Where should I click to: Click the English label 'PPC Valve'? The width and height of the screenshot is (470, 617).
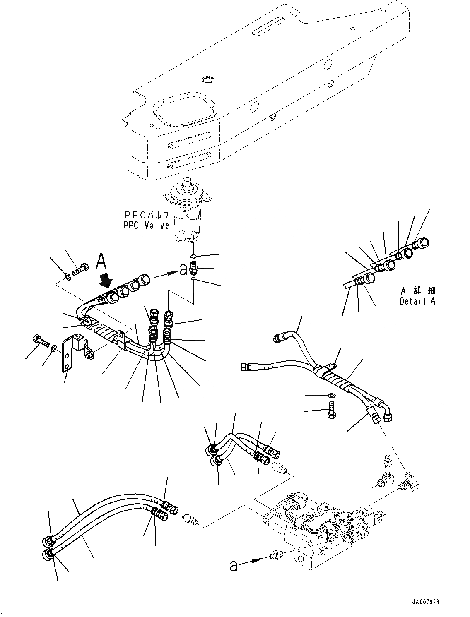click(147, 225)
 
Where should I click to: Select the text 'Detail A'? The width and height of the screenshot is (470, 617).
click(417, 301)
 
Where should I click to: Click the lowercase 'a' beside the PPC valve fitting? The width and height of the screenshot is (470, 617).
click(184, 270)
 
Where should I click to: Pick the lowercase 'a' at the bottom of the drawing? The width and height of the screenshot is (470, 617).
click(234, 566)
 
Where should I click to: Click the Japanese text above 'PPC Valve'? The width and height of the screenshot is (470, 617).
click(147, 215)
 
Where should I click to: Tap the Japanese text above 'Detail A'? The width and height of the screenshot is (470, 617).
click(417, 291)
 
